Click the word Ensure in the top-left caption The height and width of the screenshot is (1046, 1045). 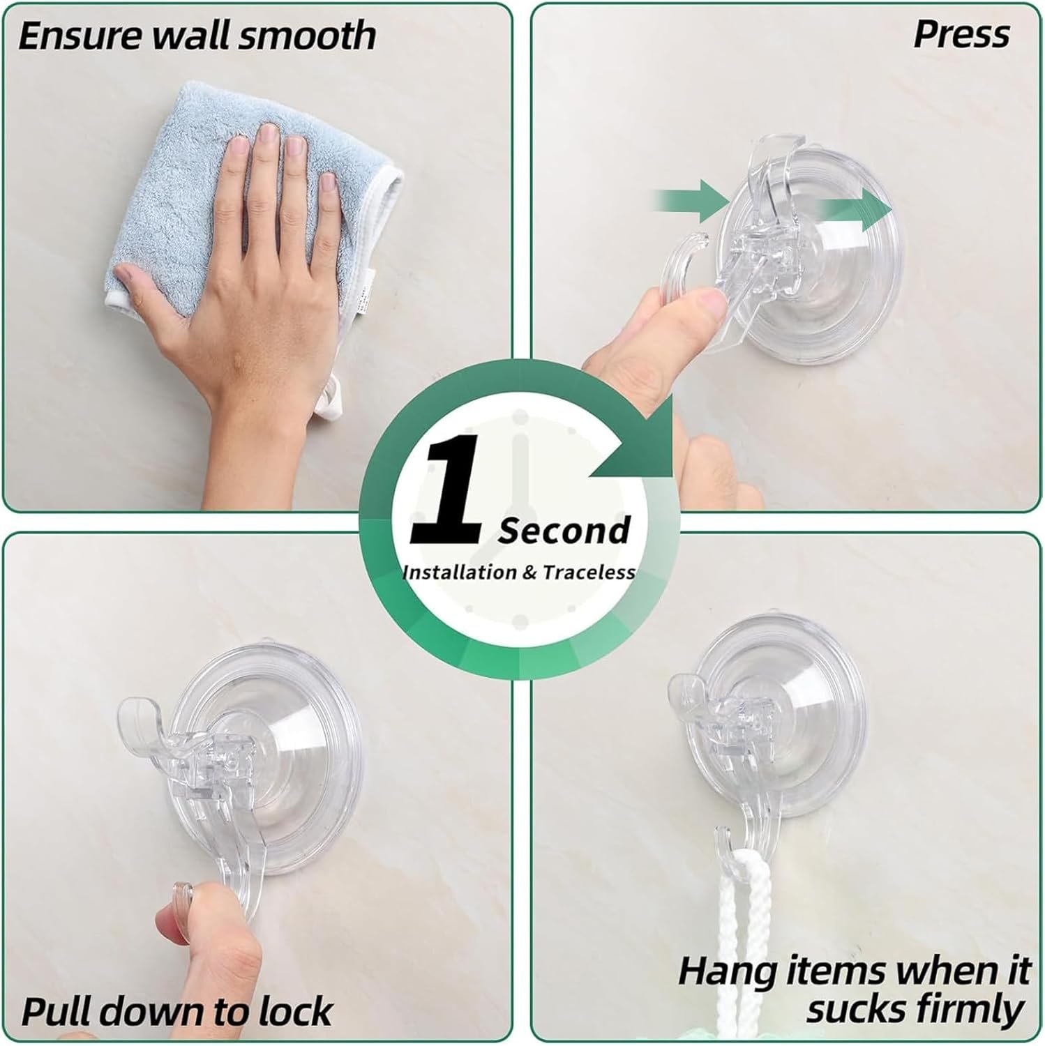[x=80, y=35]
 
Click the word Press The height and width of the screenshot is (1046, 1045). [x=961, y=33]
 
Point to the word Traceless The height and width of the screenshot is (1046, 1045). [x=589, y=573]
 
